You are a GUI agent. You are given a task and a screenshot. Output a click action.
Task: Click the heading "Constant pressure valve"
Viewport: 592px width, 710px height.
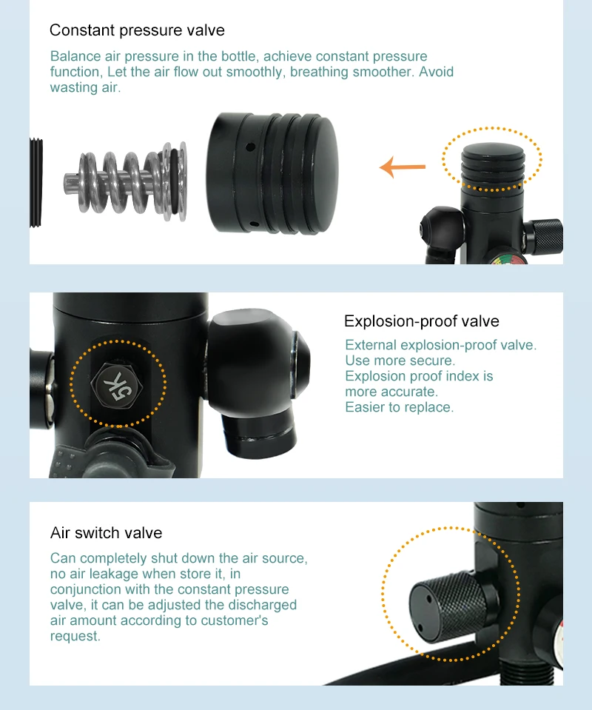click(137, 30)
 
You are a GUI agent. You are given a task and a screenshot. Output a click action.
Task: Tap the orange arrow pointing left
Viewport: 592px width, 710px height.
click(403, 167)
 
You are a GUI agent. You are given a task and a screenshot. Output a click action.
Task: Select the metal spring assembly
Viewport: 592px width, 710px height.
click(125, 181)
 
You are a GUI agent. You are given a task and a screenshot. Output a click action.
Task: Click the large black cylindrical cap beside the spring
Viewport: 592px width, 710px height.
click(272, 173)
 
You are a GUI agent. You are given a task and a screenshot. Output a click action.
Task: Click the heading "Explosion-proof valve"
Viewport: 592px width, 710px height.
click(421, 321)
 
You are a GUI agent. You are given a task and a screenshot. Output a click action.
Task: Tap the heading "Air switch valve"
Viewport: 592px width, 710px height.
click(107, 532)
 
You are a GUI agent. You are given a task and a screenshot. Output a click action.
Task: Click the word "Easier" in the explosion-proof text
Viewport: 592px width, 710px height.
click(366, 407)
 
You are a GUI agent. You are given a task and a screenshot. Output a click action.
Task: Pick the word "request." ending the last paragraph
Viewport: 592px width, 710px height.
click(75, 636)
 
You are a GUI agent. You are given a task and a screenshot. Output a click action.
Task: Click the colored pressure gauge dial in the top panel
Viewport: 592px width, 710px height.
click(508, 260)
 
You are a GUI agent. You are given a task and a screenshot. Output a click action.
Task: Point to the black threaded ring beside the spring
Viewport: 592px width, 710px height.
click(36, 182)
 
